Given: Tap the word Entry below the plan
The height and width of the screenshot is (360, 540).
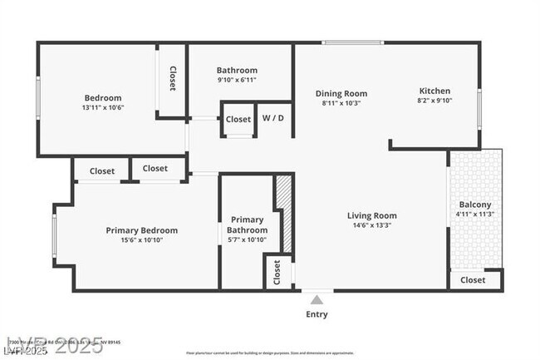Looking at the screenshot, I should coord(317,314).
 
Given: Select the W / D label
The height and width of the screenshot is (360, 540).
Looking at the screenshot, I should coord(273,118).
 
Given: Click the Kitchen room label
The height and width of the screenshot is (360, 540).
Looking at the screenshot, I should coord(434,91).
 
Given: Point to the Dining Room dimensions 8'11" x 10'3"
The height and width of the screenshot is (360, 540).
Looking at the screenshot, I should coord(341,104).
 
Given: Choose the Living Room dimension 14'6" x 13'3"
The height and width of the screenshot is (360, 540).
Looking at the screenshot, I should coord(371,225).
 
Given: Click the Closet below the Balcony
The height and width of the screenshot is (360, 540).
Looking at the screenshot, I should coord(473,280).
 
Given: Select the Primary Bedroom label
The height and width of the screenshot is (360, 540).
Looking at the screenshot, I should coord(141,230).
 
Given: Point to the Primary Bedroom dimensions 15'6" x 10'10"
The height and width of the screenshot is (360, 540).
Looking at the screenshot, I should coord(141,240).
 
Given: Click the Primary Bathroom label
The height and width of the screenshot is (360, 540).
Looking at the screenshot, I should coord(248,225).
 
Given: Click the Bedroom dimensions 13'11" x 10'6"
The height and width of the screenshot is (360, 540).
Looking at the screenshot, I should coord(102,107).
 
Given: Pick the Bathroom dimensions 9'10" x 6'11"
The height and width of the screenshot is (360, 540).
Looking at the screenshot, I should coord(237,80).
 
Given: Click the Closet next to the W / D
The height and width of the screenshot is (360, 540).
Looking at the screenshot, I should coord(238,120).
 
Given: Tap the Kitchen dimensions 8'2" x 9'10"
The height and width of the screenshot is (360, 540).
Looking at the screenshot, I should coord(434,101).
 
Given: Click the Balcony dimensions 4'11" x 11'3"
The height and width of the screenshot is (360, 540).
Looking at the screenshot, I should coord(475,215).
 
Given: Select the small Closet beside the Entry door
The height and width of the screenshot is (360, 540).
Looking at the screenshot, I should coord(277,272).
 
